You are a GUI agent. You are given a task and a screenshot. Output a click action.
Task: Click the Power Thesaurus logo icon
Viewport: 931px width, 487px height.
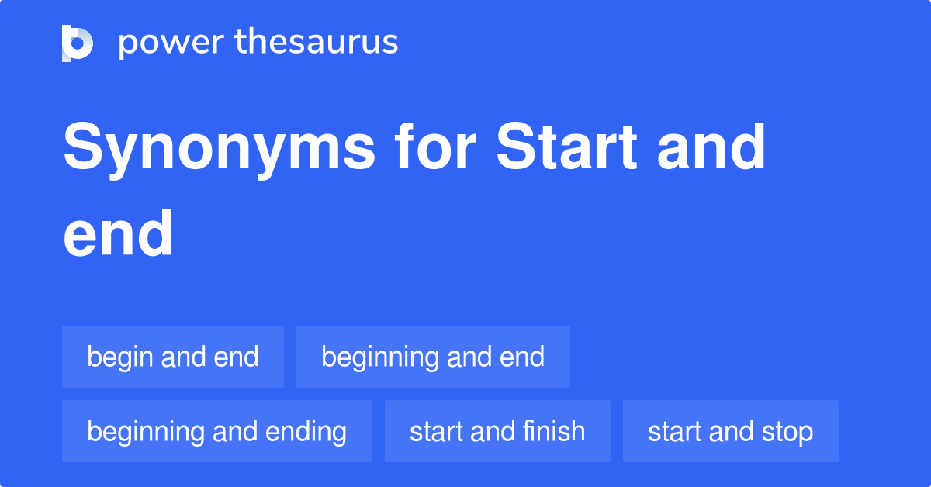78,43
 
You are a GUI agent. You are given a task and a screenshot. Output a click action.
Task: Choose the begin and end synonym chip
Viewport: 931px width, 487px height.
173,357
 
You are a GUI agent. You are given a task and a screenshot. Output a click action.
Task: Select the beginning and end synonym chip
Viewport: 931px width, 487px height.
433,357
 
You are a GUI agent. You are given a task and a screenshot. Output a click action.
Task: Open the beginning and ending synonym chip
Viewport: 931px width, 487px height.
217,431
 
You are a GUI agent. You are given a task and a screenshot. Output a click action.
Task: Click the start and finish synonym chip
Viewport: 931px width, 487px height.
497,431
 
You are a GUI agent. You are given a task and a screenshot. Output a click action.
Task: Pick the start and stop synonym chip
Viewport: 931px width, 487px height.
730,431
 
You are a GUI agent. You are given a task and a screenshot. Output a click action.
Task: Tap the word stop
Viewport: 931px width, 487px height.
786,432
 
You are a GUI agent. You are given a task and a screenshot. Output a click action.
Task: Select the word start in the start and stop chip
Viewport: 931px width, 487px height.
673,431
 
